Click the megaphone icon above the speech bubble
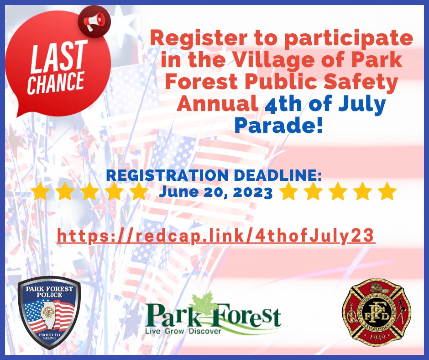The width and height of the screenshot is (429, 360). point(95,20)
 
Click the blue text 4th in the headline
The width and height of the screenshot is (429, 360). point(286,105)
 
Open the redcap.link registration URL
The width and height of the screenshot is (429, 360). point(216,236)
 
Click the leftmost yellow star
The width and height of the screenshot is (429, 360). point(41,191)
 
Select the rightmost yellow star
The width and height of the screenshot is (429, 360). point(387,191)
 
